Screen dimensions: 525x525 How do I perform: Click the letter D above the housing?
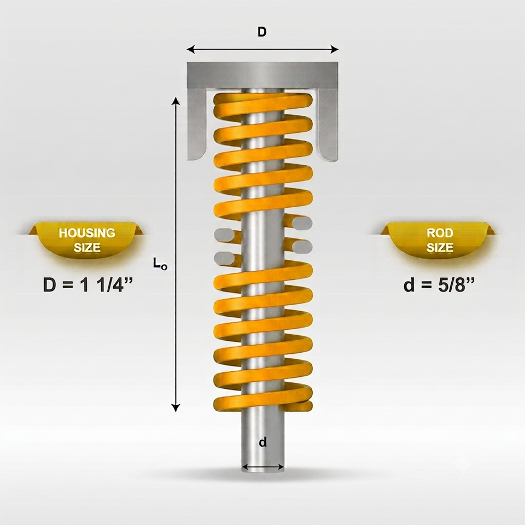262,32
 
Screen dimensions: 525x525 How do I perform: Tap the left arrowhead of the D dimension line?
190,50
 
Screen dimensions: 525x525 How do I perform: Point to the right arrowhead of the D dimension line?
335,50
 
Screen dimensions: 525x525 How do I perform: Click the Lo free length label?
160,263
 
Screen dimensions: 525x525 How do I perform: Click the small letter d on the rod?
263,442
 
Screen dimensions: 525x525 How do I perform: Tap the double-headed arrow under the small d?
263,466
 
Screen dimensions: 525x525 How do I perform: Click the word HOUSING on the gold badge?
87,233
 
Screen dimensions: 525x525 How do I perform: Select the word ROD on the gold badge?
440,233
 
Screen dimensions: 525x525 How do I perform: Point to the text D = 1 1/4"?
88,285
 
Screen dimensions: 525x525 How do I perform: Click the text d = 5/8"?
439,285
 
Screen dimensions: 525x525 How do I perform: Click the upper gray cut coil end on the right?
302,223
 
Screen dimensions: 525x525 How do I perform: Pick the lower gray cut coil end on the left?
224,259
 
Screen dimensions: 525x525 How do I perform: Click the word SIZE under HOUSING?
87,248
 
